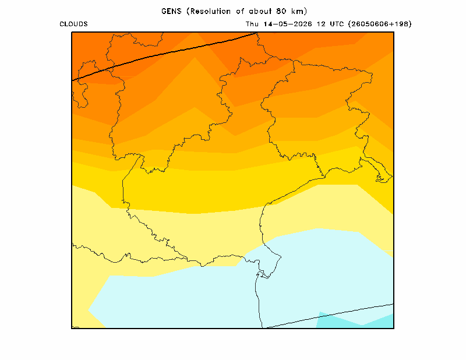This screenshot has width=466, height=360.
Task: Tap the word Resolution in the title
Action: (x=210, y=11)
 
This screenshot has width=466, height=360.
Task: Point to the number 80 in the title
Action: (x=281, y=11)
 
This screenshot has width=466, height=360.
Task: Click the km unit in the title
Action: (x=298, y=11)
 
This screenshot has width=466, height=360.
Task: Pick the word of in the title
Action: (x=240, y=11)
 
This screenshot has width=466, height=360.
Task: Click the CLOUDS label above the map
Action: (x=73, y=24)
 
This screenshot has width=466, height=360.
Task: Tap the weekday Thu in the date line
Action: (x=252, y=24)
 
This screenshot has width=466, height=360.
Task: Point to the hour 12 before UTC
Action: (x=321, y=24)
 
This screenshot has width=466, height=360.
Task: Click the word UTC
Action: (x=337, y=24)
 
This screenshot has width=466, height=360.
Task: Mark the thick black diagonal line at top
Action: (x=164, y=57)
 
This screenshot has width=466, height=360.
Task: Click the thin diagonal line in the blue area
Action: (x=329, y=316)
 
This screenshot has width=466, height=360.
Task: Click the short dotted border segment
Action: (x=319, y=165)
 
